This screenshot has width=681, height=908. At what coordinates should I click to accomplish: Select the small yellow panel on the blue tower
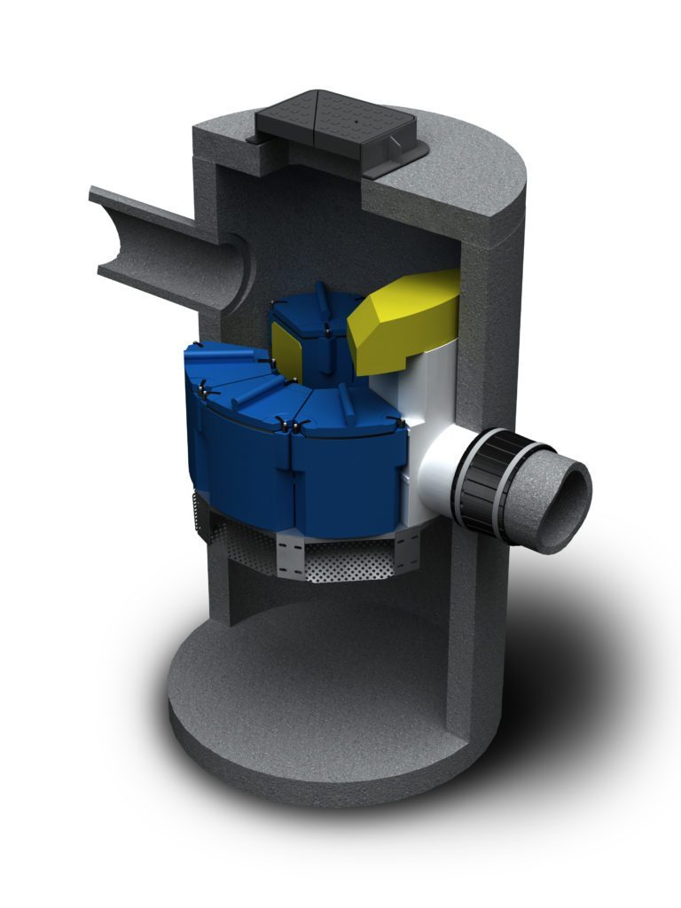[x=287, y=349]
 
